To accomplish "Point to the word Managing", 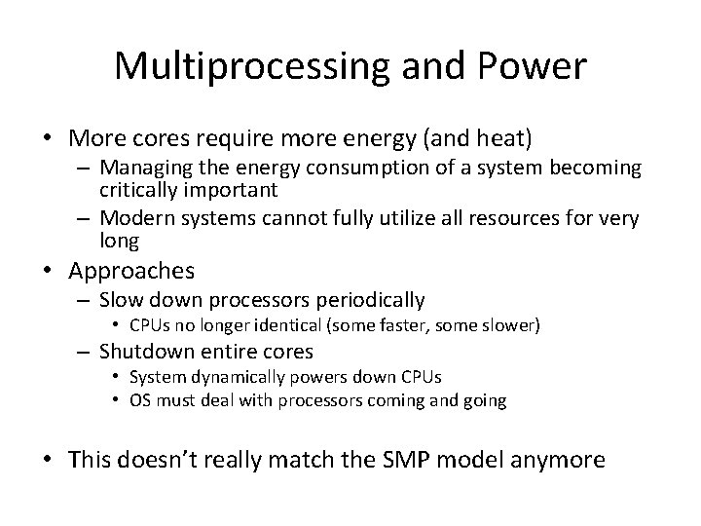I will coord(149,168).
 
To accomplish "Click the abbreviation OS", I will coord(140,399).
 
